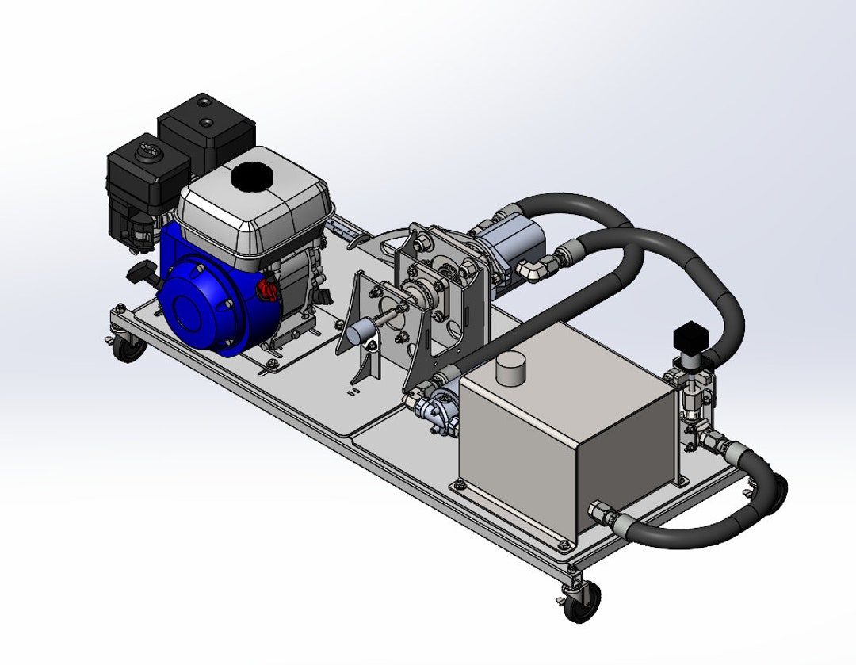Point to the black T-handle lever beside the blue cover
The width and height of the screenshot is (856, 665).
point(144,274)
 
